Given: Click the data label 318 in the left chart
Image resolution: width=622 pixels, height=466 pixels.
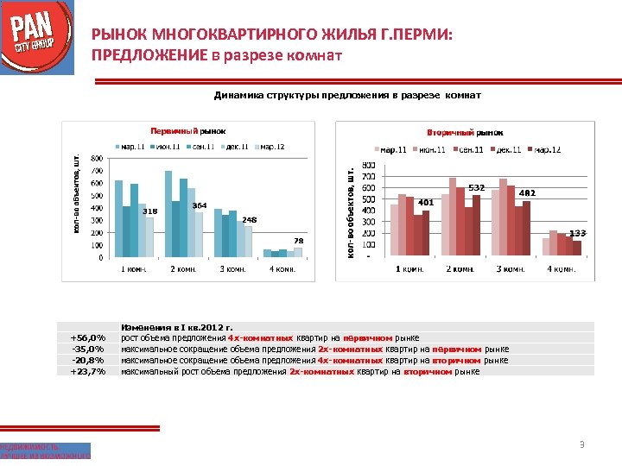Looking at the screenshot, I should (x=149, y=211).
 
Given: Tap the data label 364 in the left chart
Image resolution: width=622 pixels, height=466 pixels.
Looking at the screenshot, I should (x=199, y=205).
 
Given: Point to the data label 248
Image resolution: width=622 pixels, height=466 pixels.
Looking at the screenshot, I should (x=249, y=220).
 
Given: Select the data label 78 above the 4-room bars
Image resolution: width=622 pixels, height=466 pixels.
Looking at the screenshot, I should (x=298, y=240).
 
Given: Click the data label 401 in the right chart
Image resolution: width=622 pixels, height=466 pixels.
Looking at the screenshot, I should (x=425, y=203).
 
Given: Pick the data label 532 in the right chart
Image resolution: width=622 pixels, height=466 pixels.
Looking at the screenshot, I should (x=476, y=187).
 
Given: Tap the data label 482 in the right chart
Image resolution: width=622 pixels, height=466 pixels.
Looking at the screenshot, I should (x=527, y=192).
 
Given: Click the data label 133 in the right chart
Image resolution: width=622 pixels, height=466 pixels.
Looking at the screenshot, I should (x=577, y=233).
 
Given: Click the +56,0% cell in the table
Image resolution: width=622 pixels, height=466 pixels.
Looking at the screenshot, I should (x=87, y=337).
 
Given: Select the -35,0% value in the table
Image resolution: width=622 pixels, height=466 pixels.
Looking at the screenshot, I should (x=87, y=349).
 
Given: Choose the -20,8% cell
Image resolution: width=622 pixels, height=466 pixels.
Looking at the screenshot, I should (x=87, y=360).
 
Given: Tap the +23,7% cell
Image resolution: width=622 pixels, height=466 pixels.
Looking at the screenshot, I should (x=87, y=371).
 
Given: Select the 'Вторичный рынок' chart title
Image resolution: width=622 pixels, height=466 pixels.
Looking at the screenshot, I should (x=465, y=133).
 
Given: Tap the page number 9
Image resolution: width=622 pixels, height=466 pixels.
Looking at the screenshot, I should (x=582, y=445).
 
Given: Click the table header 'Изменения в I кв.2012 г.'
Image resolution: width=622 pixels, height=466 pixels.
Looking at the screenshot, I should (x=177, y=327).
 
